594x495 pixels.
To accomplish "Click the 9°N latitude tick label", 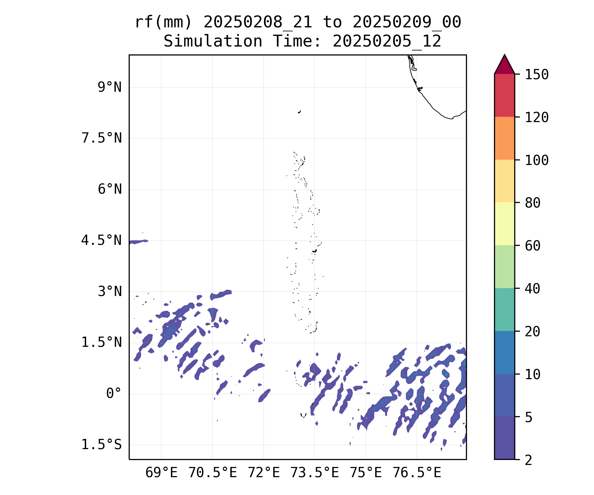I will click(x=110, y=87).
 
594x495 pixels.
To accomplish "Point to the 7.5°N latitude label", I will click(x=102, y=138).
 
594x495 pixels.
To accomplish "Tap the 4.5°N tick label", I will click(x=102, y=241).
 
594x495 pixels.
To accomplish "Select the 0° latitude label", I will click(x=114, y=394).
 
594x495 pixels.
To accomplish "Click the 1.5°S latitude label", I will click(x=102, y=445).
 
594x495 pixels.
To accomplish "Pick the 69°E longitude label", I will click(x=161, y=473).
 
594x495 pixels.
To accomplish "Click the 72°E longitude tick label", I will click(x=264, y=473).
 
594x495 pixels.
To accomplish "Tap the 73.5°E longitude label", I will click(x=314, y=473).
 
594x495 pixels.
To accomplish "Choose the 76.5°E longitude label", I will click(x=417, y=473).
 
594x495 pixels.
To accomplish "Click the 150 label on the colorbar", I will click(x=537, y=75).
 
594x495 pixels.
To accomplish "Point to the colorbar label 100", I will click(x=537, y=160).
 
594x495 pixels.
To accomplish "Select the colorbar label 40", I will click(x=532, y=289).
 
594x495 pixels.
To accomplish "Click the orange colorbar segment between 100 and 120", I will click(x=504, y=138).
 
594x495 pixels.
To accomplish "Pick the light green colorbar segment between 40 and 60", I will click(x=504, y=267).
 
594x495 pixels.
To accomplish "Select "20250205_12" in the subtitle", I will click(x=387, y=42).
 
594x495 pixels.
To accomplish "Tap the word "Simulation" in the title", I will click(x=213, y=42).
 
